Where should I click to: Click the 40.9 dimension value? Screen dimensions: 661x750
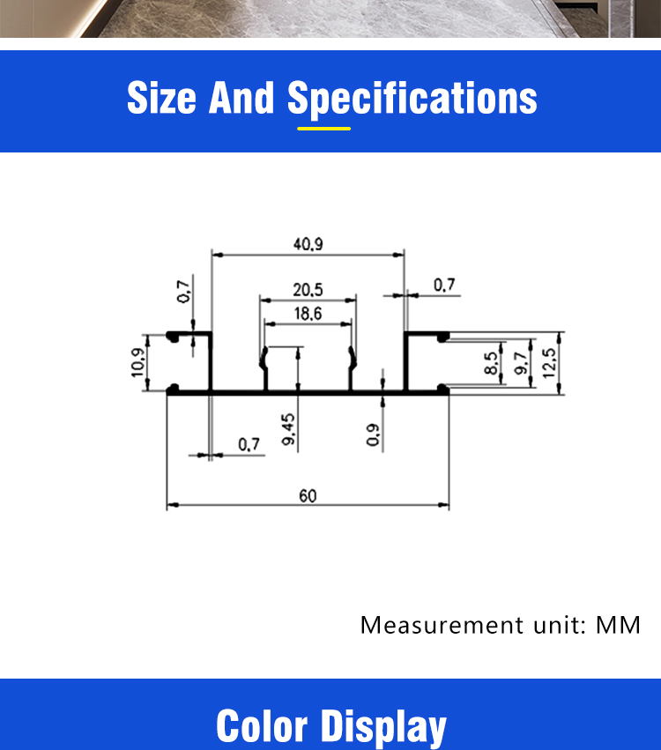[x=308, y=244]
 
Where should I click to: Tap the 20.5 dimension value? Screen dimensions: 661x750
[x=308, y=290]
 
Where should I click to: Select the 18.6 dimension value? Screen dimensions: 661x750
[x=308, y=314]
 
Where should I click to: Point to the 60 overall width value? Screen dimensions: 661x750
[x=308, y=495]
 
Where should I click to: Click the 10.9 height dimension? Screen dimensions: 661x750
[x=137, y=362]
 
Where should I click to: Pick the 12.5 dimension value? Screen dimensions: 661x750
[x=549, y=363]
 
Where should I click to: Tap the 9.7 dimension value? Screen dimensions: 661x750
[x=521, y=363]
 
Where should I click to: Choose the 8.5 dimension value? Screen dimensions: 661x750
[x=490, y=363]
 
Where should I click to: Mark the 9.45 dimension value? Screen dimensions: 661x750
[x=288, y=429]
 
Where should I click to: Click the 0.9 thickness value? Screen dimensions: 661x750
[x=373, y=434]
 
